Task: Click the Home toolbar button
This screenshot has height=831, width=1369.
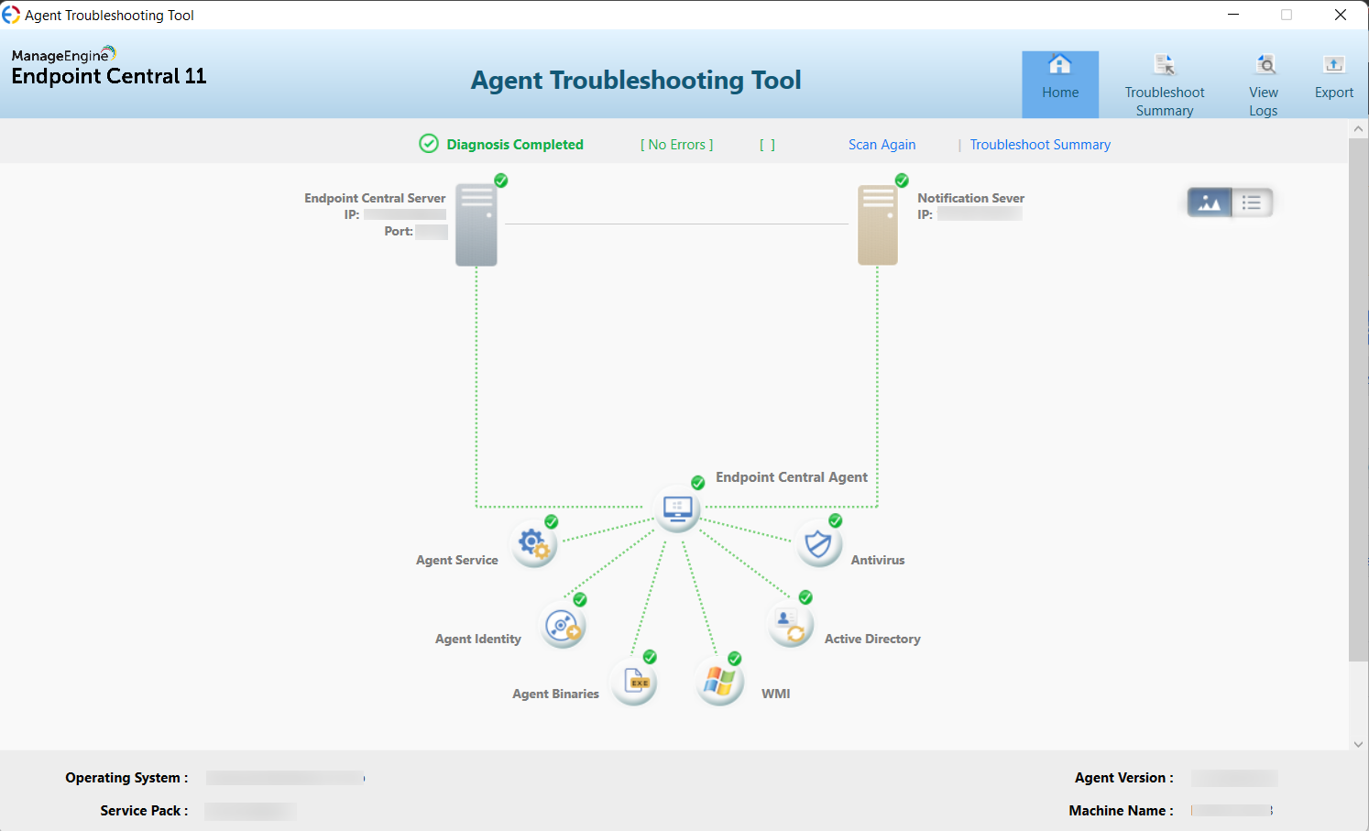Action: pyautogui.click(x=1060, y=83)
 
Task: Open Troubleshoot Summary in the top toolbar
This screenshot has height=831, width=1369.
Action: pyautogui.click(x=1165, y=85)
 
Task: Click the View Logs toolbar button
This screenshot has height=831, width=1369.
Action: pyautogui.click(x=1264, y=85)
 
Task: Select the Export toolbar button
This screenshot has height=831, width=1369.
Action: pyautogui.click(x=1333, y=78)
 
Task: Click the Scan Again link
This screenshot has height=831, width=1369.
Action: pyautogui.click(x=882, y=145)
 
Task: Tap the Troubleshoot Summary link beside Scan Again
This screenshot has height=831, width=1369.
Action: pyautogui.click(x=1040, y=145)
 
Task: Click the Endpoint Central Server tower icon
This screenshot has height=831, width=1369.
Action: pyautogui.click(x=476, y=224)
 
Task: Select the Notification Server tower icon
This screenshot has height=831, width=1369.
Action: pyautogui.click(x=878, y=224)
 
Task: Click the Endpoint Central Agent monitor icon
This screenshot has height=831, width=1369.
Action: pyautogui.click(x=678, y=508)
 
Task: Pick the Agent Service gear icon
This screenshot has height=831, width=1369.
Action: pyautogui.click(x=534, y=545)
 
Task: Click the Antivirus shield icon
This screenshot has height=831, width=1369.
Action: pyautogui.click(x=818, y=545)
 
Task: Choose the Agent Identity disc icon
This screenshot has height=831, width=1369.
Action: pyautogui.click(x=563, y=627)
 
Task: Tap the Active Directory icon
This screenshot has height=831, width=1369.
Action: pyautogui.click(x=790, y=625)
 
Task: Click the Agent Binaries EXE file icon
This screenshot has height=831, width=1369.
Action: pyautogui.click(x=635, y=682)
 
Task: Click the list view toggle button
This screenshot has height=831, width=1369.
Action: pyautogui.click(x=1252, y=202)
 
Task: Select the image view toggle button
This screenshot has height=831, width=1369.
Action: pyautogui.click(x=1210, y=202)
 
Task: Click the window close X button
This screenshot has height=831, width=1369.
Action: pyautogui.click(x=1341, y=15)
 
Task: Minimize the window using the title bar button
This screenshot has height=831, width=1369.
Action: pyautogui.click(x=1233, y=15)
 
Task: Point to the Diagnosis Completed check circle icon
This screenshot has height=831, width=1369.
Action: pyautogui.click(x=429, y=144)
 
